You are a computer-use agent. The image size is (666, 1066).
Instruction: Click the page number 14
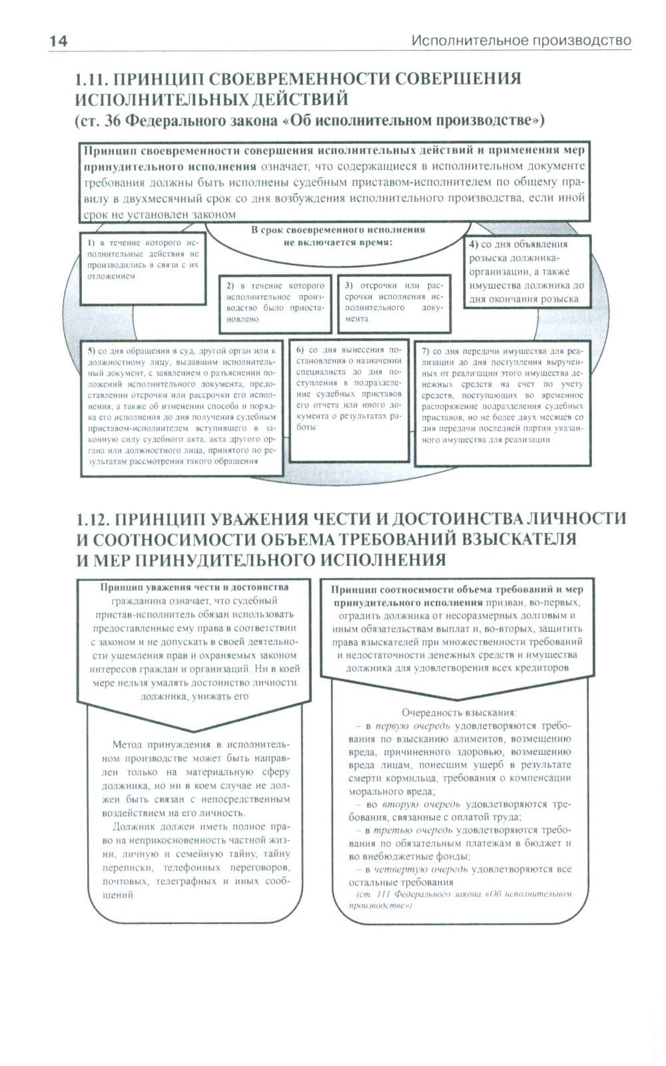pyautogui.click(x=58, y=41)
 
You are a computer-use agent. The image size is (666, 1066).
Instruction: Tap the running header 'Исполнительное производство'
pyautogui.click(x=521, y=41)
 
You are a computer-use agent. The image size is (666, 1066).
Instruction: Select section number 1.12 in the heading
pyautogui.click(x=93, y=519)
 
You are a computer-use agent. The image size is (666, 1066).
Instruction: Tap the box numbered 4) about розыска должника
pyautogui.click(x=527, y=272)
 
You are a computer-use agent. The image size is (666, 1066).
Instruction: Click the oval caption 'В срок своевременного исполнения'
pyautogui.click(x=337, y=230)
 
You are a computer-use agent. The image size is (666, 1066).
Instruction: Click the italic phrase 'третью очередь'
pyautogui.click(x=413, y=830)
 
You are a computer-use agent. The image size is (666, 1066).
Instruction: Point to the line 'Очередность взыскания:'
pyautogui.click(x=459, y=712)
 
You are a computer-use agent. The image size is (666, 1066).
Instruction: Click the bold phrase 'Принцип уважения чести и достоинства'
pyautogui.click(x=194, y=588)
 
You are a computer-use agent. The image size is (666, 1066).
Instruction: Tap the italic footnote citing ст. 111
pyautogui.click(x=459, y=900)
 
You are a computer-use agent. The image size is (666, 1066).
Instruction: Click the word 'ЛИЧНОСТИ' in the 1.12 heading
pyautogui.click(x=577, y=519)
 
